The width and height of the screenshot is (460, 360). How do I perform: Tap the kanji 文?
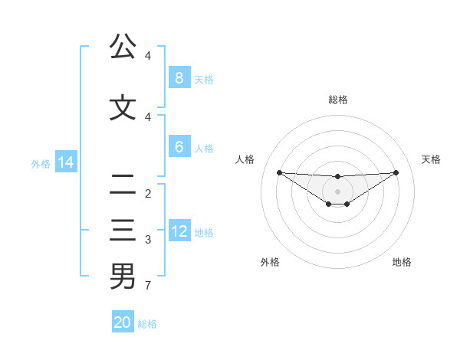(x=123, y=107)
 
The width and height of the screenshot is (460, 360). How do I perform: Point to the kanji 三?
(x=123, y=230)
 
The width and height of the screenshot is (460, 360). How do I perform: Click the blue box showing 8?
(x=179, y=78)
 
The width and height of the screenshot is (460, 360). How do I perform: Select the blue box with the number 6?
(x=179, y=147)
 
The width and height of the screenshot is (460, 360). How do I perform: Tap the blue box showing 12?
(x=180, y=231)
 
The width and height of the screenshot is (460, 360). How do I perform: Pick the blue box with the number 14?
(x=66, y=162)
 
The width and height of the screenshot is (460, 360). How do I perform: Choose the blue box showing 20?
(x=123, y=322)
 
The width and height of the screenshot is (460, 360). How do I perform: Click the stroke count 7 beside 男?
(x=147, y=286)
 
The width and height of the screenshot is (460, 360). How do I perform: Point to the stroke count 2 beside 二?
(x=147, y=194)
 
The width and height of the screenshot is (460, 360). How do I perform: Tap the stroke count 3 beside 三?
(x=147, y=240)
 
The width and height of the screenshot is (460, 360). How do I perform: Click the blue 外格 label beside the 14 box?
(x=41, y=163)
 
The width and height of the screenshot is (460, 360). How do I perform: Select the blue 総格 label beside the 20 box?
(x=147, y=324)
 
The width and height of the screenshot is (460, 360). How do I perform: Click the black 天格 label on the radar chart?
(x=431, y=159)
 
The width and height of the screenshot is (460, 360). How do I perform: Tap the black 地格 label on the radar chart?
(x=402, y=262)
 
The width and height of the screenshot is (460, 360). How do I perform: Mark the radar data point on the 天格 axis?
(x=396, y=172)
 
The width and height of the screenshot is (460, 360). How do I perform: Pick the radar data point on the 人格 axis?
(x=279, y=172)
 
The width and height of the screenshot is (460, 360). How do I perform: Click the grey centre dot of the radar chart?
(x=337, y=191)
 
